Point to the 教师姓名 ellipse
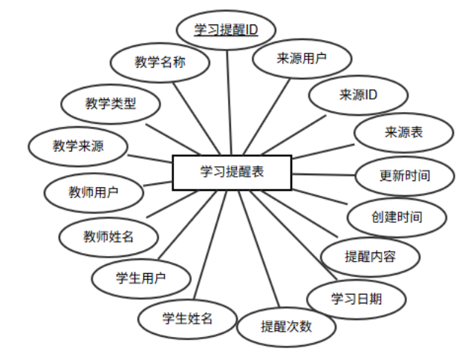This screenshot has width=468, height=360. point(108,236)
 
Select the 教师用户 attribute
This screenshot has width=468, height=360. point(93,192)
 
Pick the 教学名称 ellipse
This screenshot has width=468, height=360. point(160,63)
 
